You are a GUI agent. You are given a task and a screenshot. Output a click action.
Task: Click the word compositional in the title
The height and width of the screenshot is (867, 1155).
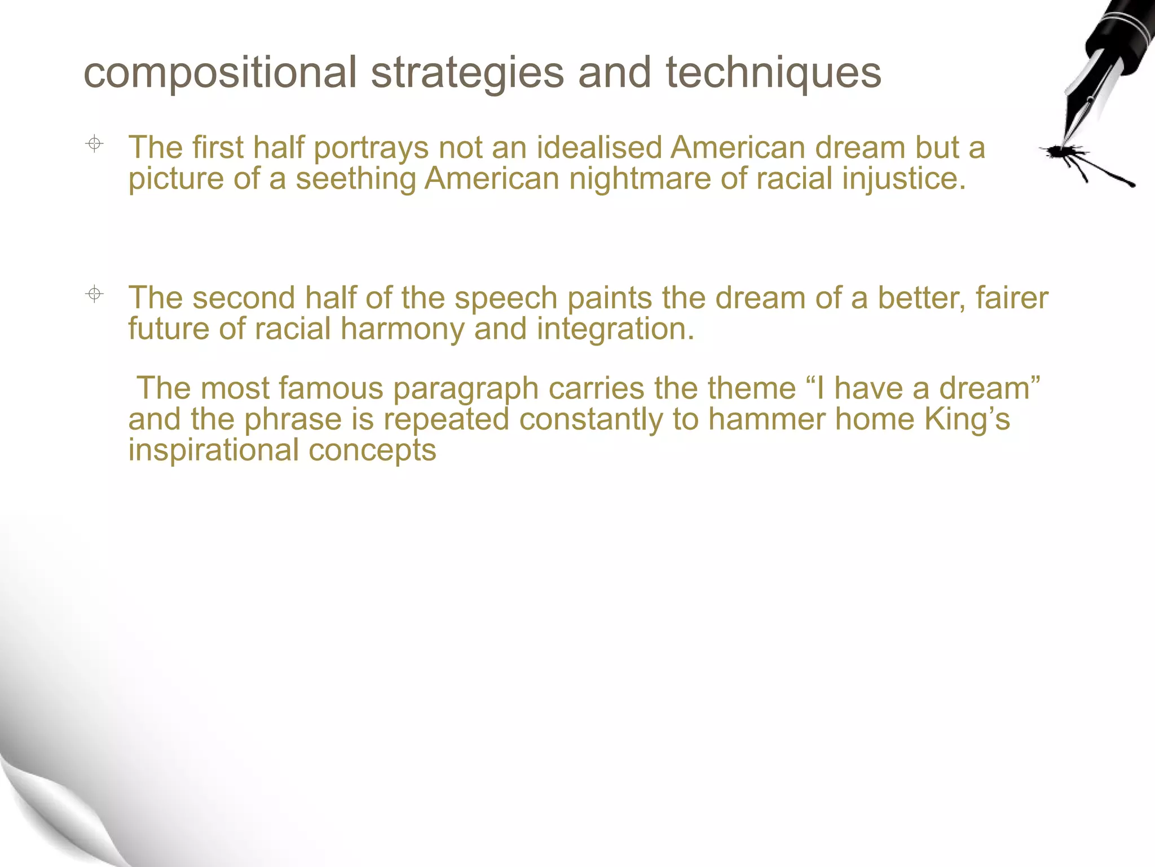(220, 73)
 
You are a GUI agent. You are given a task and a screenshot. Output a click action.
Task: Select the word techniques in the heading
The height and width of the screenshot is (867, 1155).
(773, 73)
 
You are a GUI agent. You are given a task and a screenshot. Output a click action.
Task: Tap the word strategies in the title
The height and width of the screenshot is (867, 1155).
(468, 73)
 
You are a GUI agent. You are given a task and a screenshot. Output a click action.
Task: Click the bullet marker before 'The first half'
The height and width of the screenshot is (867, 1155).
(95, 144)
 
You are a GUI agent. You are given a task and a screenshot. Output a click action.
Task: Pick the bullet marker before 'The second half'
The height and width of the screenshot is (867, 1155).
(95, 294)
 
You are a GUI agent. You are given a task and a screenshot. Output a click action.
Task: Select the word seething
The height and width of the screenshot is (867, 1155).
(355, 179)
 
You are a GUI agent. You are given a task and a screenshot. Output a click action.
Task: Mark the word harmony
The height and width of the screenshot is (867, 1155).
(402, 330)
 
